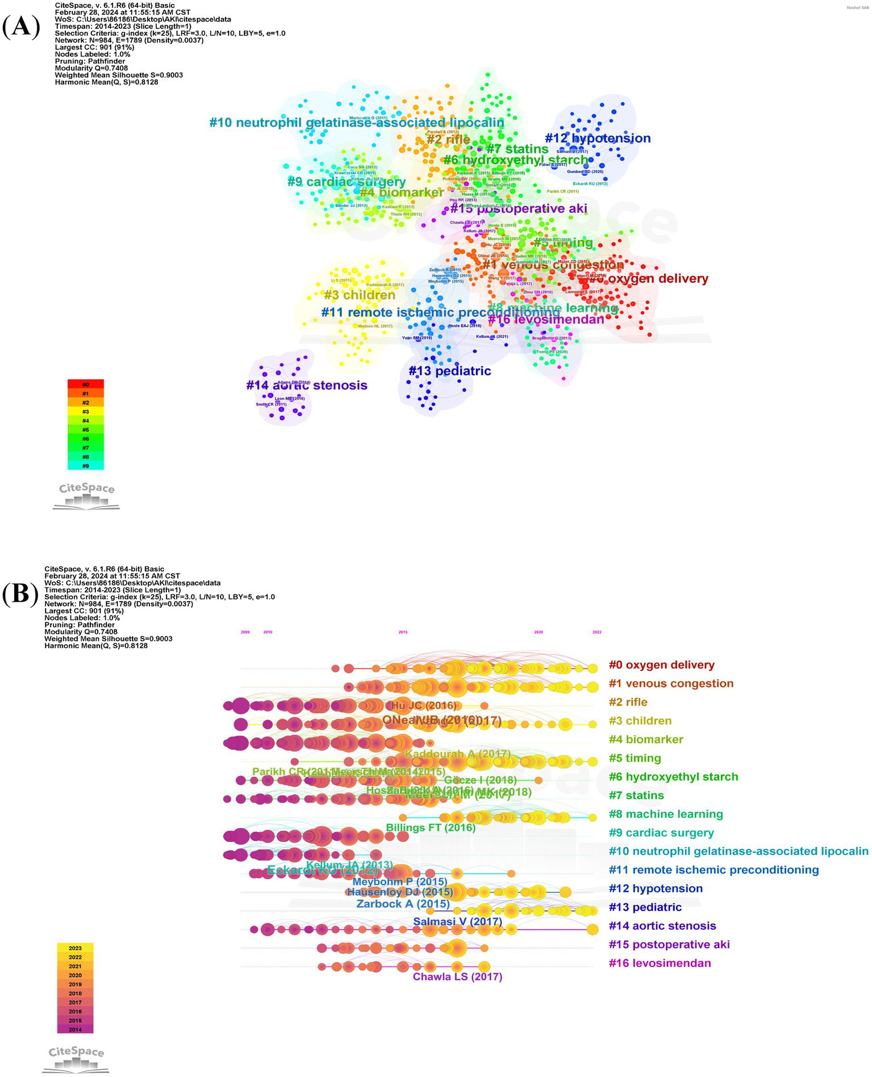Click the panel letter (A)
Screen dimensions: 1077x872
[22, 27]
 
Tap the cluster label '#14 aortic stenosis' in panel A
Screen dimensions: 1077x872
[306, 385]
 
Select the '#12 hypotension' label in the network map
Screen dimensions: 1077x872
[597, 138]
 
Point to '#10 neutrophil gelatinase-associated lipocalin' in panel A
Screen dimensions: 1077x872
[356, 123]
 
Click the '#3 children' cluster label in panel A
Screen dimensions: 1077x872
[360, 295]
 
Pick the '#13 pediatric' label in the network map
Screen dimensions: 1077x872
[449, 371]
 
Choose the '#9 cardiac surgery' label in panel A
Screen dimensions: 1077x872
[346, 182]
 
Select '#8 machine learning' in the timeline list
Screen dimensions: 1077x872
[665, 814]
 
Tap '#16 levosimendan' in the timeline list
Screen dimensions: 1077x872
[660, 963]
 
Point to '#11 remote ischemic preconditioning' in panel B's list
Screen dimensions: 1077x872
[714, 870]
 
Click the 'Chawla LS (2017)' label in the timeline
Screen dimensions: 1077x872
[457, 977]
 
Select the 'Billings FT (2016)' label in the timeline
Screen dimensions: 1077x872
[430, 827]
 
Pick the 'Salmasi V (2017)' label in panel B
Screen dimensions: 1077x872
[457, 921]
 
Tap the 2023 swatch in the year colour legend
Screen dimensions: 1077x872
[75, 948]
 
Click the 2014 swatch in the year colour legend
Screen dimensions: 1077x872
[75, 1029]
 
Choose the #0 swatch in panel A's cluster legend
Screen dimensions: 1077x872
[85, 384]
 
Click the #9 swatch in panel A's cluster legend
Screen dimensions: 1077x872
[85, 466]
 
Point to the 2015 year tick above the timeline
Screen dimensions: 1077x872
[403, 632]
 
